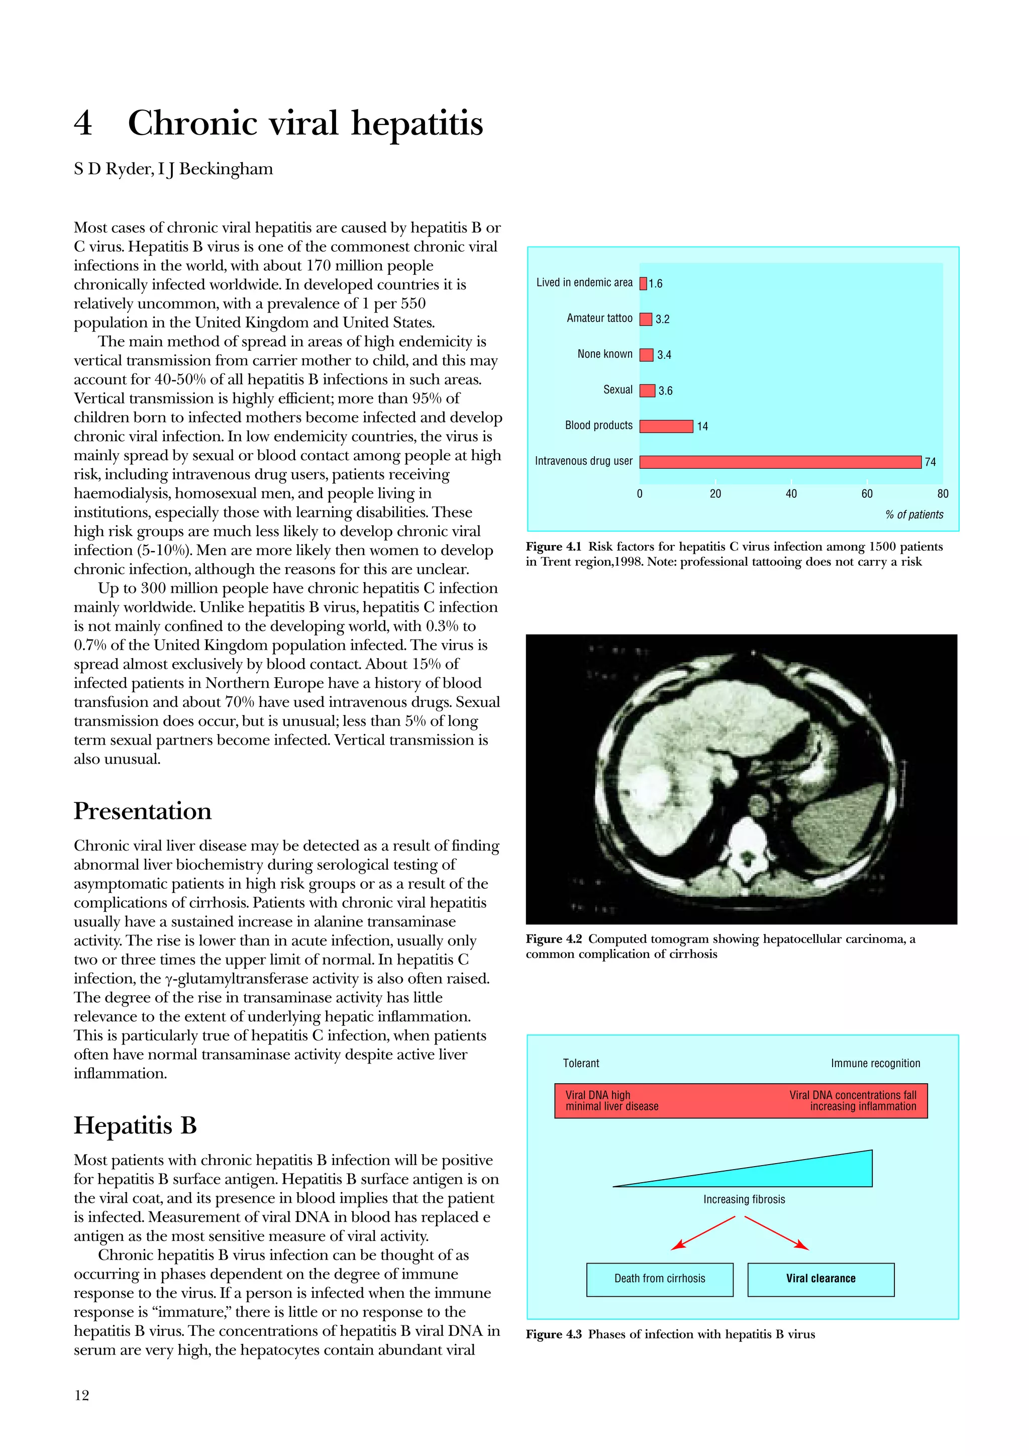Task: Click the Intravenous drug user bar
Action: [780, 462]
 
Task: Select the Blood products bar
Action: [666, 426]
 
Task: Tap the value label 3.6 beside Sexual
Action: [665, 391]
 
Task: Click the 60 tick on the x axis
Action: [867, 493]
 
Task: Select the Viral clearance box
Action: [820, 1279]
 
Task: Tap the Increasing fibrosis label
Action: [744, 1199]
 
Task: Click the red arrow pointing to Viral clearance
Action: [777, 1233]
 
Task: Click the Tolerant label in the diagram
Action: [581, 1064]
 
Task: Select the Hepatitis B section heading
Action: [135, 1125]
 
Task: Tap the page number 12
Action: [82, 1395]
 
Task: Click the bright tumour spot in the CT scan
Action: [650, 789]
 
